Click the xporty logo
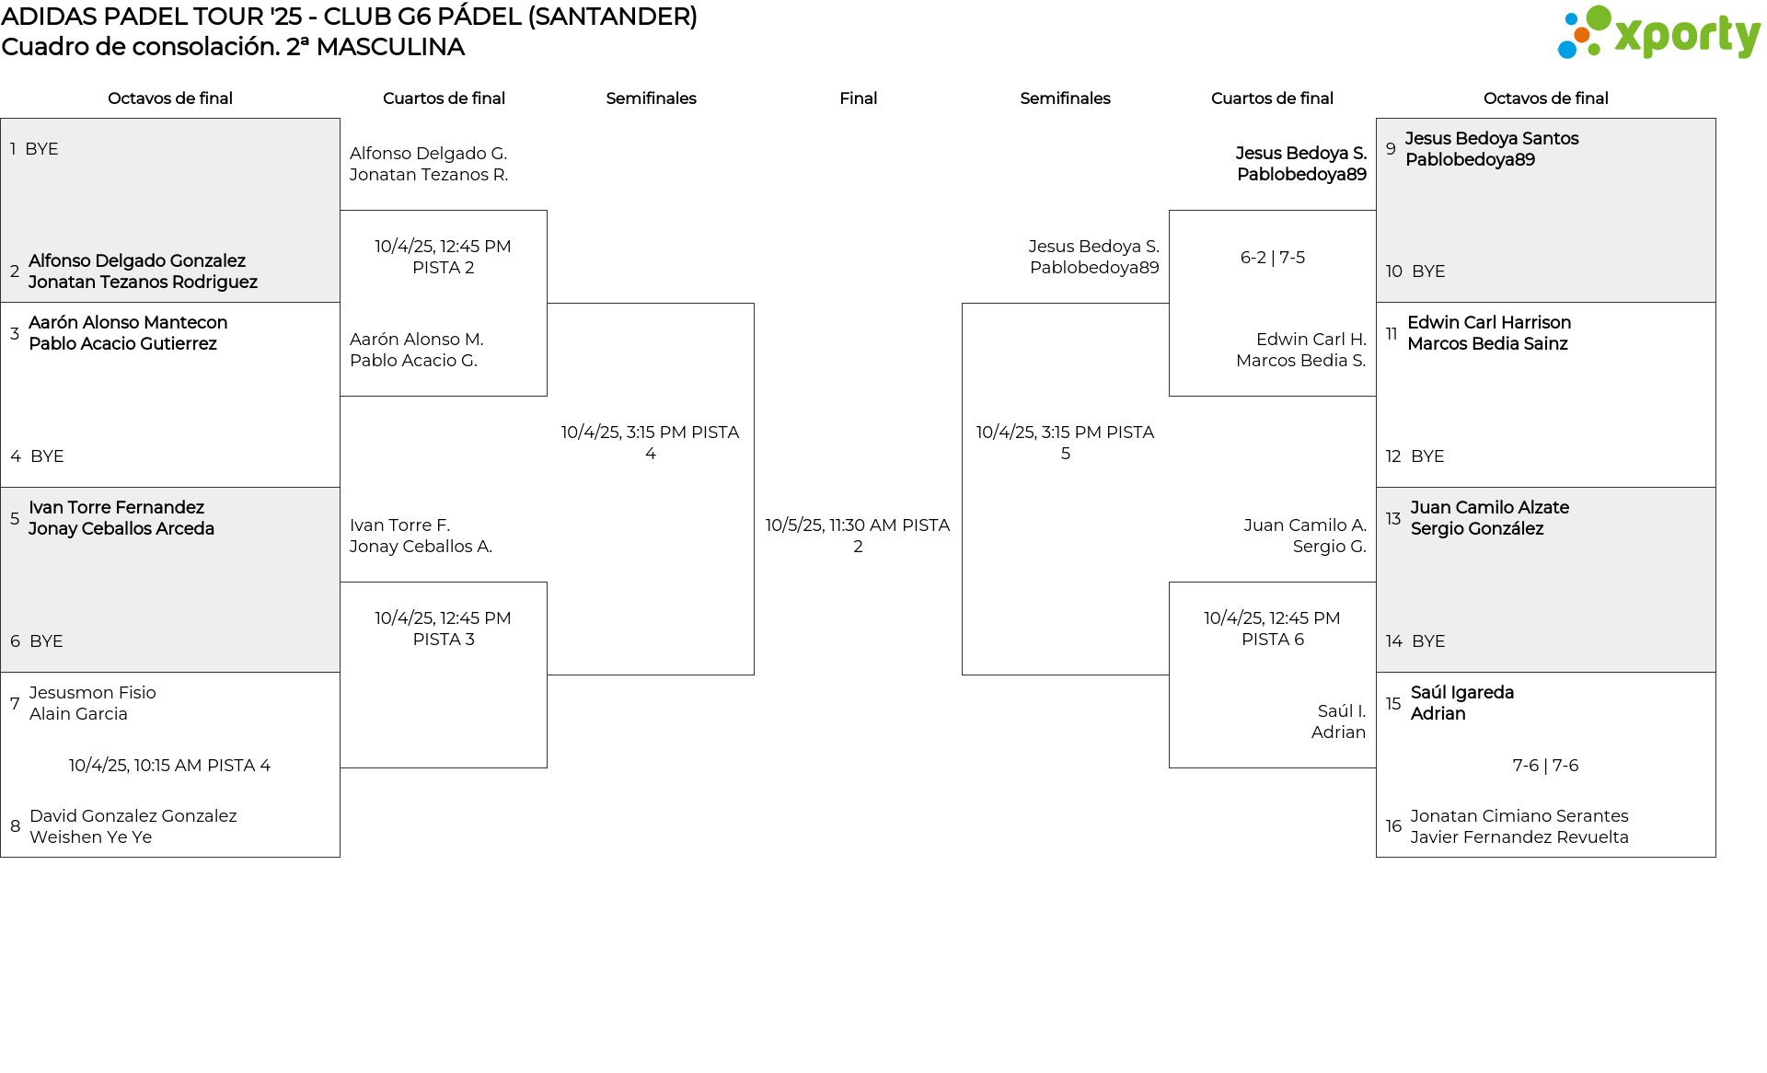pos(1658,33)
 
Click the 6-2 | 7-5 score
pos(1272,258)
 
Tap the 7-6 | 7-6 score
pos(1545,766)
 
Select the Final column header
pos(858,98)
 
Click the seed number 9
pos(1391,149)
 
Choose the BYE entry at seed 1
pos(41,149)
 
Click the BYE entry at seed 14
pos(1428,641)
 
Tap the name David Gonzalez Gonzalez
pos(133,816)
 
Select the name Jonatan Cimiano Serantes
pos(1519,816)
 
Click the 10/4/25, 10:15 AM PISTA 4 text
pos(169,766)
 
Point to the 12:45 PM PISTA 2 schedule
pos(443,257)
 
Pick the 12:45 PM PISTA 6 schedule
pos(1272,629)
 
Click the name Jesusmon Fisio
pos(92,693)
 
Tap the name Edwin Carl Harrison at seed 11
pos(1489,323)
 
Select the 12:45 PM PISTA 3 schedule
pos(443,629)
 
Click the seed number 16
pos(1393,826)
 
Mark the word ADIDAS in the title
pos(46,17)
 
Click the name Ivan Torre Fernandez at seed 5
pos(116,508)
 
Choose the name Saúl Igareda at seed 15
pos(1461,693)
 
